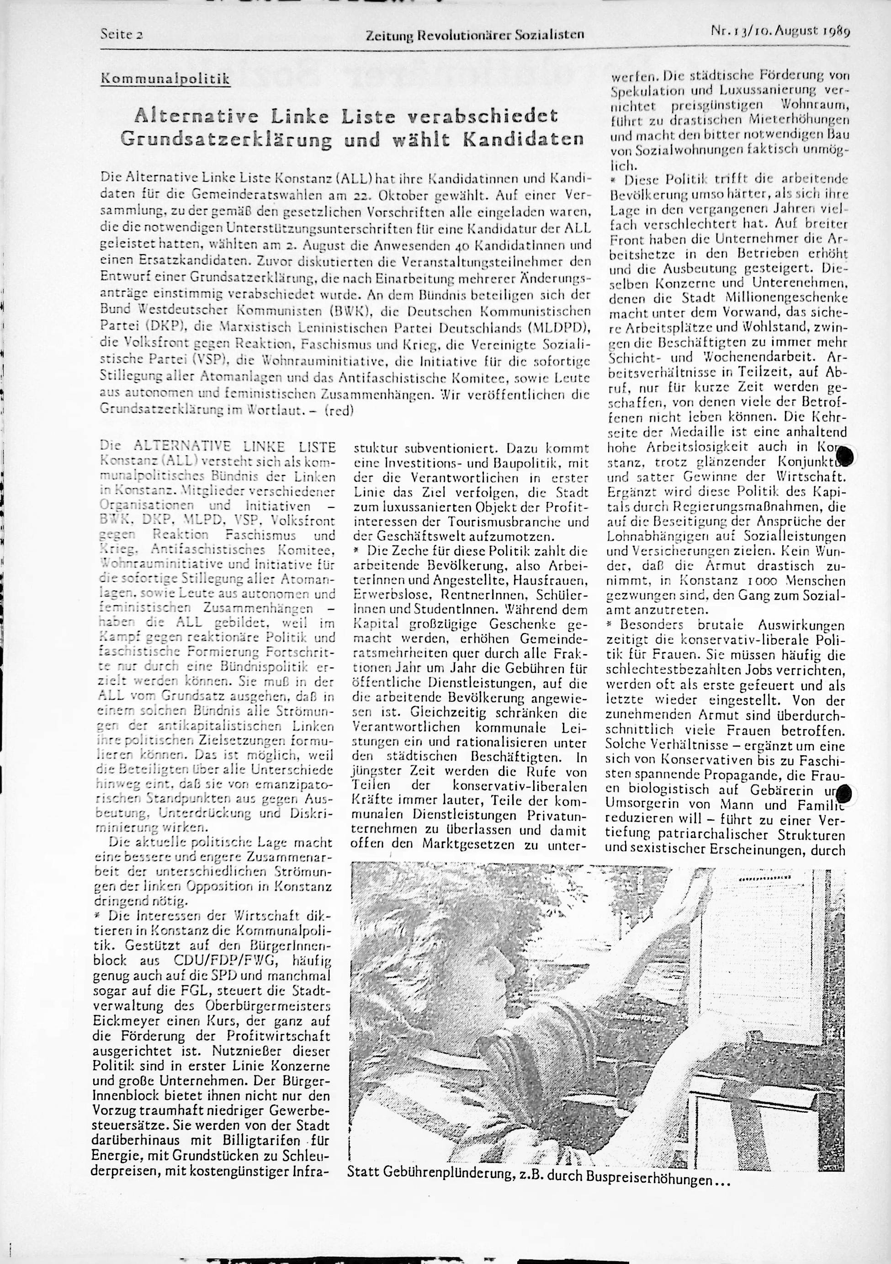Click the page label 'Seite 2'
(122, 34)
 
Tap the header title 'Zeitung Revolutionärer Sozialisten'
(474, 36)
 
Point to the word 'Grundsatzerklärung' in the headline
(227, 139)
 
